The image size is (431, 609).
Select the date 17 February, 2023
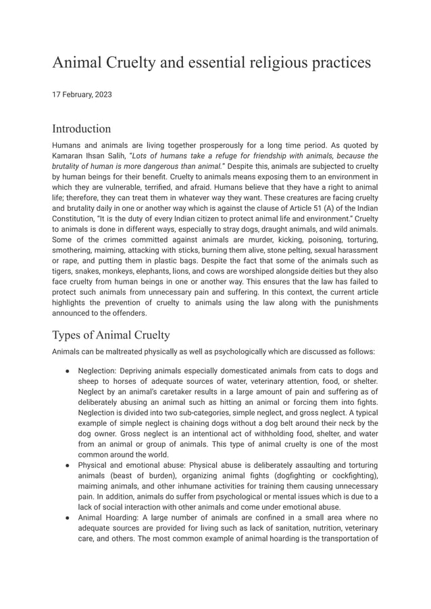coord(82,95)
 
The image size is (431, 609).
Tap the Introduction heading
coord(81,128)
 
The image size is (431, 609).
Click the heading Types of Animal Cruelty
coord(111,335)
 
